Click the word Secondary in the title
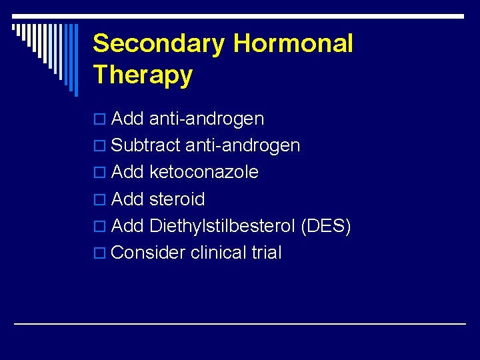click(159, 44)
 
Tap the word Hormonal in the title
click(293, 44)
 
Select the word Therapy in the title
click(143, 75)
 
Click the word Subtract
click(146, 145)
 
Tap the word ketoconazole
click(204, 172)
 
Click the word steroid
click(177, 199)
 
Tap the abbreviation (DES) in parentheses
click(325, 226)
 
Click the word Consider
click(148, 253)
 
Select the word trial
click(267, 253)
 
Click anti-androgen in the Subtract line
click(243, 145)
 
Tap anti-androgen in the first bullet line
click(207, 119)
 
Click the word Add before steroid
click(128, 199)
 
